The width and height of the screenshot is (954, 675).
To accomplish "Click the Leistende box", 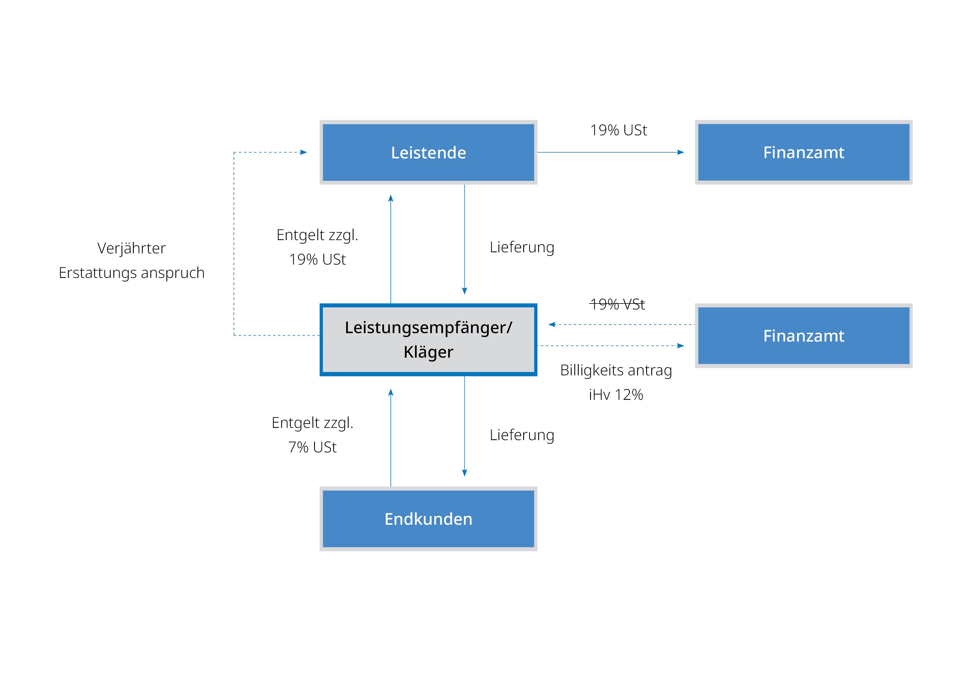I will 428,152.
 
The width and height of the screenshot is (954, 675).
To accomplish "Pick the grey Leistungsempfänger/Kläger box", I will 428,339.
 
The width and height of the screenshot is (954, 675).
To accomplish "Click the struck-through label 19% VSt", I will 617,305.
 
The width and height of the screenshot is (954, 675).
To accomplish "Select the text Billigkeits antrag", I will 616,370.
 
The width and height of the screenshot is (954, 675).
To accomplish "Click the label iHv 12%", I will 616,395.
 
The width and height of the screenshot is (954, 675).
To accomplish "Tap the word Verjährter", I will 131,248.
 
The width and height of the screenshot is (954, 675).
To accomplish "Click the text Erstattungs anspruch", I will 131,273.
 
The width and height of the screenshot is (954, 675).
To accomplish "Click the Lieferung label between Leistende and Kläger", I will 522,247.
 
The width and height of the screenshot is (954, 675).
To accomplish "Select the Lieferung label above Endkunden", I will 522,435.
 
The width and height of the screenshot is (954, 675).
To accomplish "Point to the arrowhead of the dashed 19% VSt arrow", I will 552,324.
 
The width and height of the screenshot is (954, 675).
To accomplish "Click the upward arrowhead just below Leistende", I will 391,198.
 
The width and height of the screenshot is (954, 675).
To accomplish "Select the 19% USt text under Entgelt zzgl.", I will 317,259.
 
